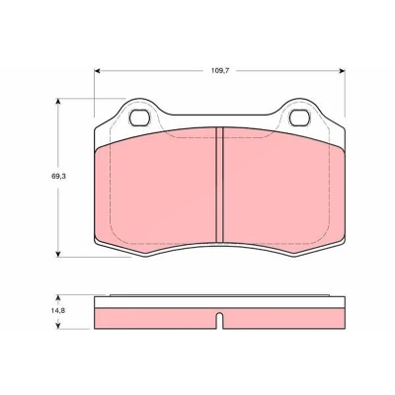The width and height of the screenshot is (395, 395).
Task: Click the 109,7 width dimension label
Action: pyautogui.click(x=220, y=71)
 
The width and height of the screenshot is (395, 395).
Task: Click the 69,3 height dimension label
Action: pyautogui.click(x=58, y=176)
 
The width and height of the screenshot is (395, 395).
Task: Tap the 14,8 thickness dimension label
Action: pyautogui.click(x=58, y=310)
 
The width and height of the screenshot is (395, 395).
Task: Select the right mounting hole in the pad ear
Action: pyautogui.click(x=300, y=118)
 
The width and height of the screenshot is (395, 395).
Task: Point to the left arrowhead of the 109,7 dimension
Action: pyautogui.click(x=98, y=71)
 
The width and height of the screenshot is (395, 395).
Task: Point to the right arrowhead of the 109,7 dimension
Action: pyautogui.click(x=342, y=71)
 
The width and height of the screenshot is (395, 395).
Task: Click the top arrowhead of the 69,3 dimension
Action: pyautogui.click(x=58, y=101)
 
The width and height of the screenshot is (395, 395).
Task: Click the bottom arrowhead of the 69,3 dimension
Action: pyautogui.click(x=58, y=254)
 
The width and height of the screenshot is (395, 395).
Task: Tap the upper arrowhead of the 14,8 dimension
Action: pyautogui.click(x=58, y=298)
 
